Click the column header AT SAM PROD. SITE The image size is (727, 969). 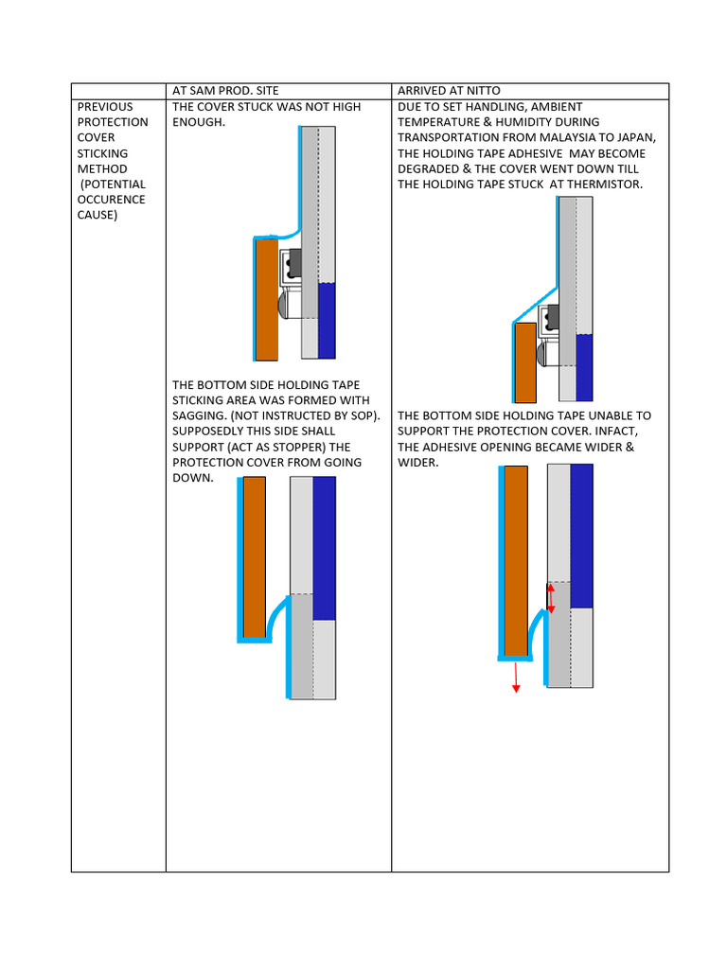[225, 91]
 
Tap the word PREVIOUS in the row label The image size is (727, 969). [105, 107]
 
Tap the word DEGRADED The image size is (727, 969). [428, 168]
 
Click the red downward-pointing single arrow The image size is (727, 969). [516, 677]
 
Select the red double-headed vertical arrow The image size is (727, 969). [551, 598]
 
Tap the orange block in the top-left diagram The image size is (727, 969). [267, 298]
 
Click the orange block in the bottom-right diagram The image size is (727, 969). [516, 560]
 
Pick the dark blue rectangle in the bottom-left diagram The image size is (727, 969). [325, 547]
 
